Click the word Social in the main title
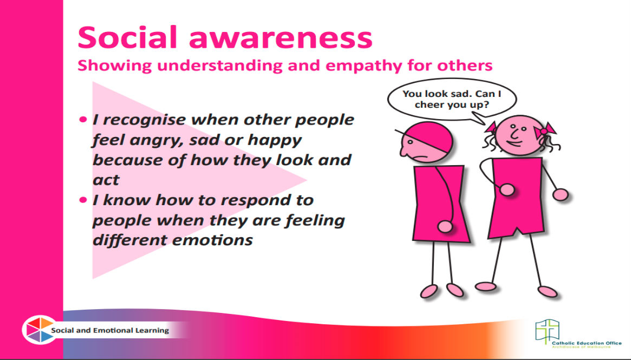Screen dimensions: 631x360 point(127,37)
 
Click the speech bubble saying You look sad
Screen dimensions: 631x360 point(452,100)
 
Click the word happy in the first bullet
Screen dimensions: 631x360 point(275,140)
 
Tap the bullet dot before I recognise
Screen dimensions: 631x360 point(83,120)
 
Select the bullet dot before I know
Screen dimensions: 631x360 point(83,200)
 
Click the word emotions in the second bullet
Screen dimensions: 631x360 point(212,240)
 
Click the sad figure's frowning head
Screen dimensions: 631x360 point(425,142)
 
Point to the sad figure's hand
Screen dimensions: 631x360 point(445,226)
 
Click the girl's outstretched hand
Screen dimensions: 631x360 point(560,195)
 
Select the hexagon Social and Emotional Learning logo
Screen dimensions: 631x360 point(40,330)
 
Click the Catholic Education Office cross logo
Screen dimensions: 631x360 point(547,332)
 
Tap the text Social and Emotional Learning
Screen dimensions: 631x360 point(110,331)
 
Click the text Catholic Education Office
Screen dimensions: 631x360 point(587,343)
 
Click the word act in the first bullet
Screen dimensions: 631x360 point(106,180)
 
